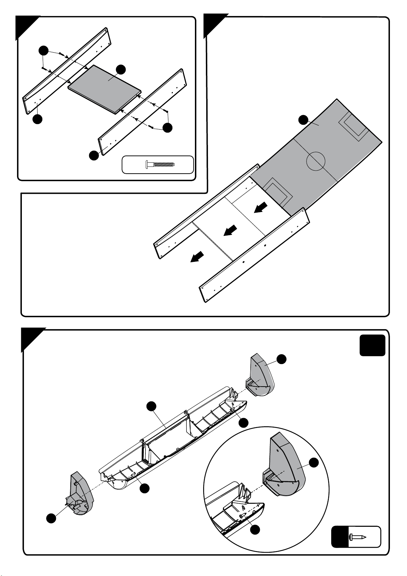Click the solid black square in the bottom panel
pos(373,345)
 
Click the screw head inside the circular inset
pos(242,515)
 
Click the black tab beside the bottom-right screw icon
pos(340,537)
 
